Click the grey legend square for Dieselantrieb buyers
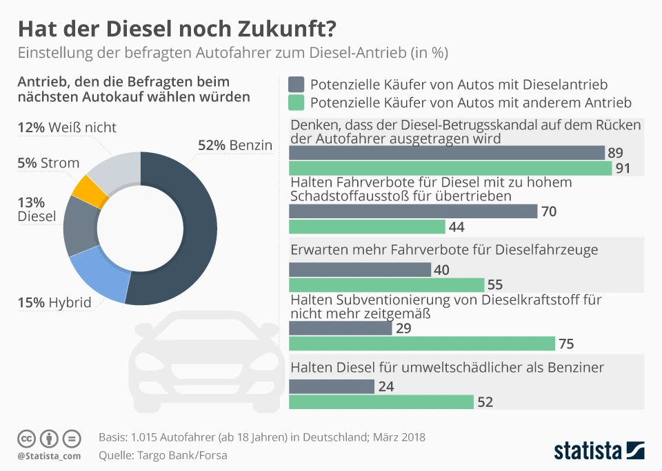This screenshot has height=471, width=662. pos(297,85)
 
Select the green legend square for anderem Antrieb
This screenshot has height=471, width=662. pos(297,103)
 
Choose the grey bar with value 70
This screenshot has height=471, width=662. pos(412,211)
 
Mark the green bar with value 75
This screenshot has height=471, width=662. pos(421,344)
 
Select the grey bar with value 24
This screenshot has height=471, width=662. pos(331,386)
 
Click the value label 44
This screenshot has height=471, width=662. pos(457,227)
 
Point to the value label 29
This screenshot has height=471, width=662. pos(404,328)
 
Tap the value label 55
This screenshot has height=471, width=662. pos(496,285)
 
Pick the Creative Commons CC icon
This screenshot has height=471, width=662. pos(26,438)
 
